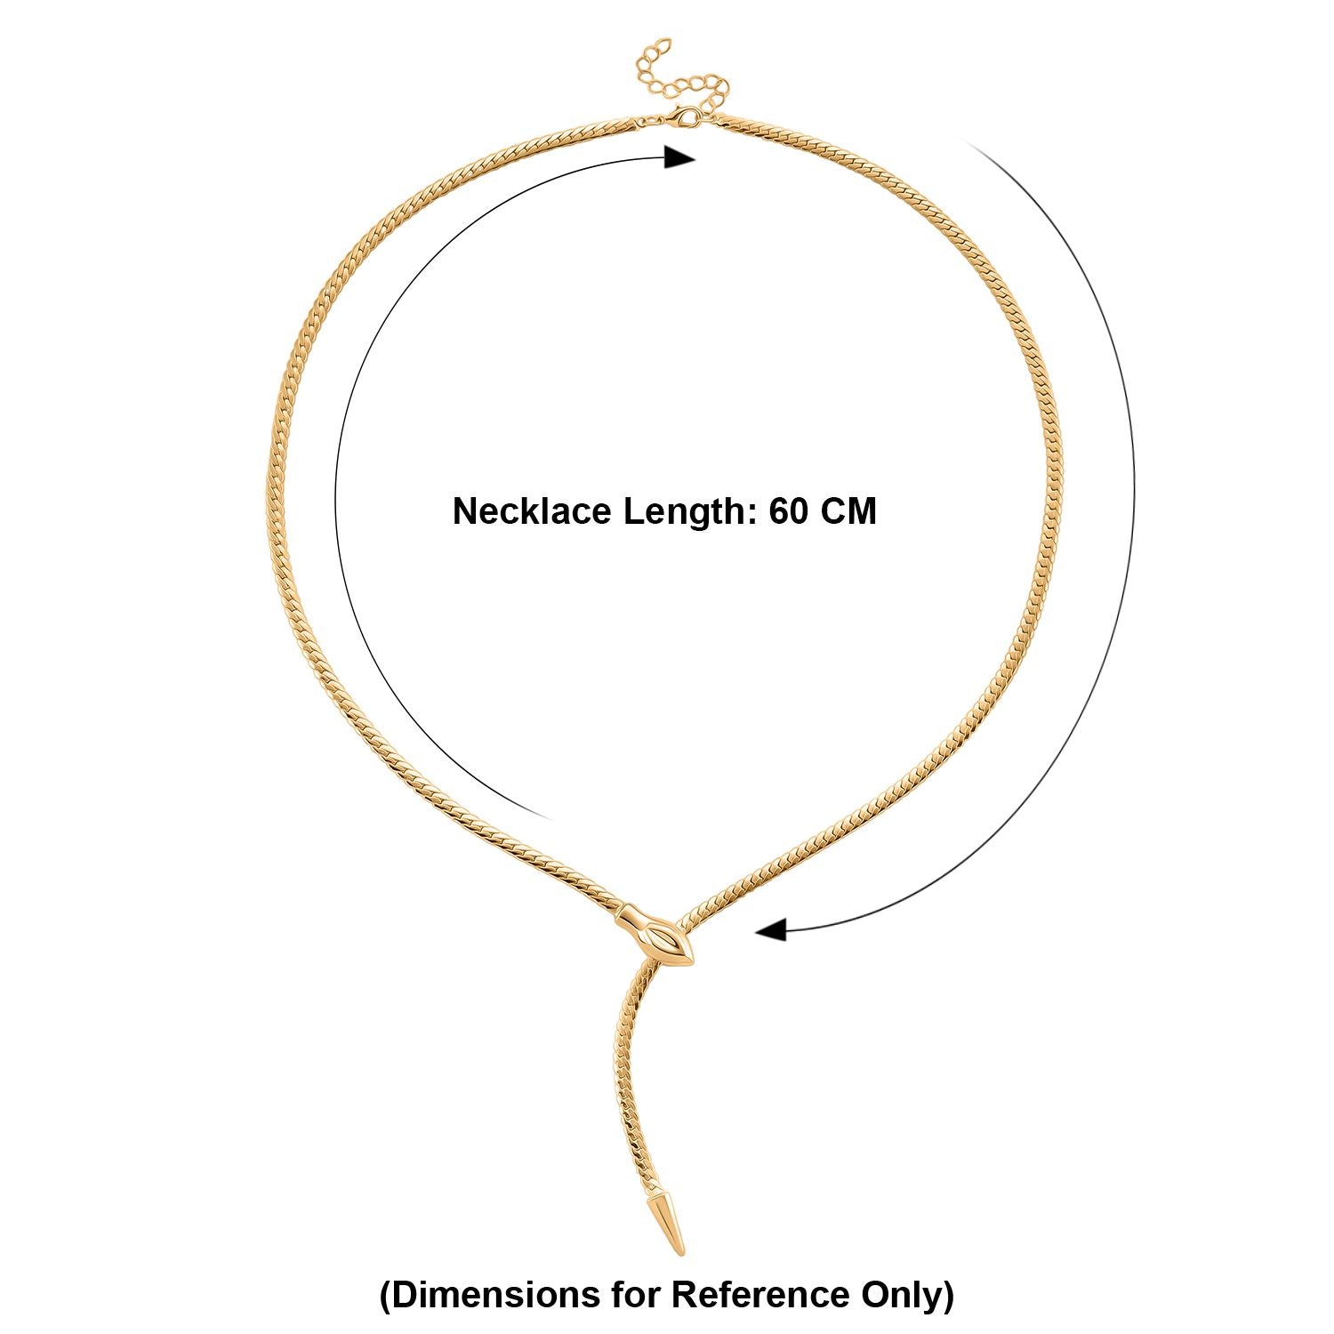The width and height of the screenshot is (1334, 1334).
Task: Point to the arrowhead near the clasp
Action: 680,157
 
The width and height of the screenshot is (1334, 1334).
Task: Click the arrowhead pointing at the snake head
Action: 771,930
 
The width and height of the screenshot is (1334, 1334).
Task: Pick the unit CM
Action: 848,512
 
